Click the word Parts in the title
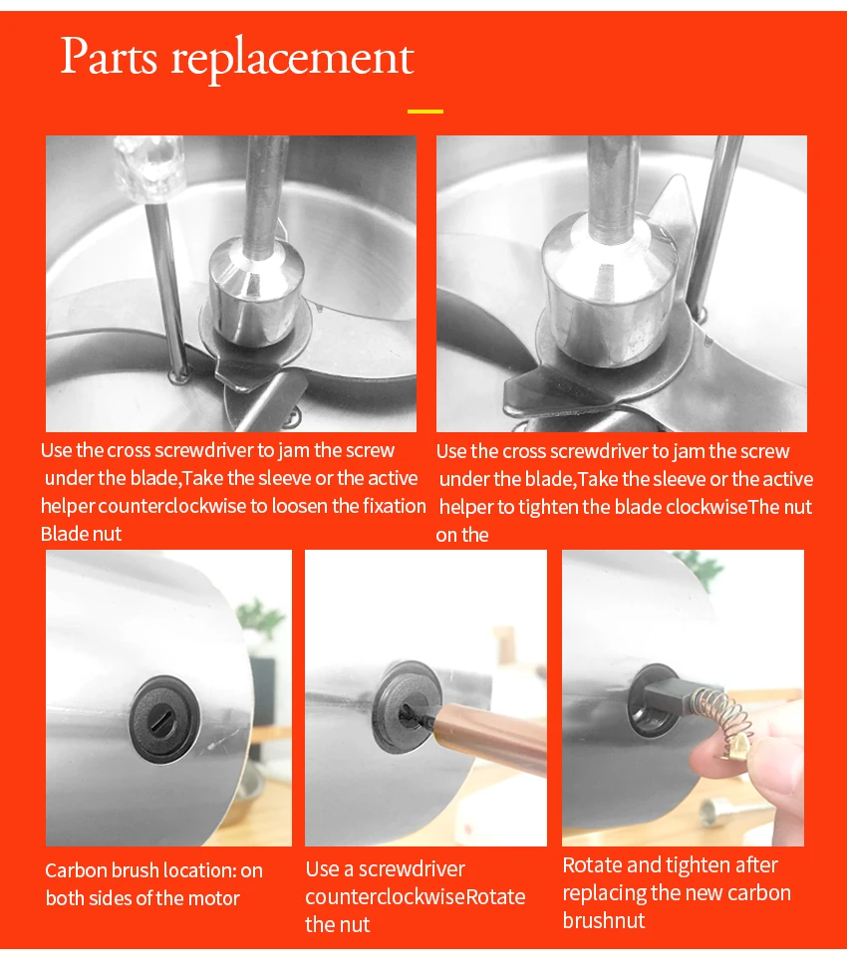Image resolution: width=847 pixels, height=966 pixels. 109,57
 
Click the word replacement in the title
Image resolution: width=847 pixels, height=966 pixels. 292,61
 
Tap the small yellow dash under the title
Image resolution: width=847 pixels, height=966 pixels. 425,112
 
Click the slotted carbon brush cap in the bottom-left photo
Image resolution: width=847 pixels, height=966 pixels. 164,720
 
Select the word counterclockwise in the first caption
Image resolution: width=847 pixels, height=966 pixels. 173,506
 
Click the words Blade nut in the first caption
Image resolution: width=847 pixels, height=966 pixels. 81,534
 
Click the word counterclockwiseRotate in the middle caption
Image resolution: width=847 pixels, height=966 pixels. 415,897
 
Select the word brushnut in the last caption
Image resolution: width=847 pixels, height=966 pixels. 604,920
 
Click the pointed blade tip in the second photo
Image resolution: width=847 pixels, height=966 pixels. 677,180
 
